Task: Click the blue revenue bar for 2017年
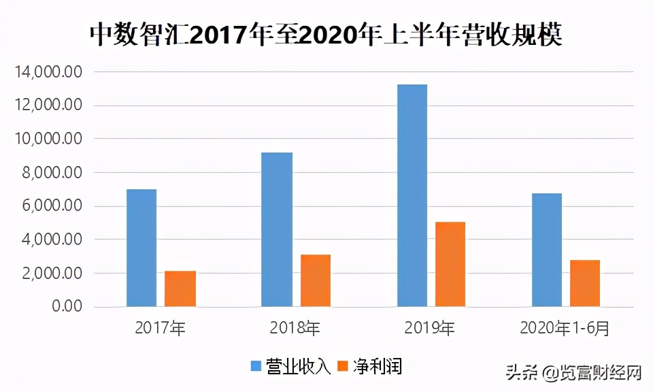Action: tap(141, 248)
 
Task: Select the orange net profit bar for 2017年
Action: tap(180, 289)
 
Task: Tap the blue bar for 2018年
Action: tap(277, 229)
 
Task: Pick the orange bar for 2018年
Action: tap(316, 280)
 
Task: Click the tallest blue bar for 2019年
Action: tap(412, 195)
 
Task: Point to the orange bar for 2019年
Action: tap(450, 264)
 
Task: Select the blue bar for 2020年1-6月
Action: tap(547, 250)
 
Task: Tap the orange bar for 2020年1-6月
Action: tap(585, 283)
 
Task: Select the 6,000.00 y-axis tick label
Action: tap(52, 206)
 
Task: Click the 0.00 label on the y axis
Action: tap(67, 307)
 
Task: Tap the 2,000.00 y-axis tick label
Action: tap(52, 274)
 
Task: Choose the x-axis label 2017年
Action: tap(161, 328)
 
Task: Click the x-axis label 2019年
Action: tap(430, 328)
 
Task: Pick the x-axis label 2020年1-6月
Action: tap(565, 328)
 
